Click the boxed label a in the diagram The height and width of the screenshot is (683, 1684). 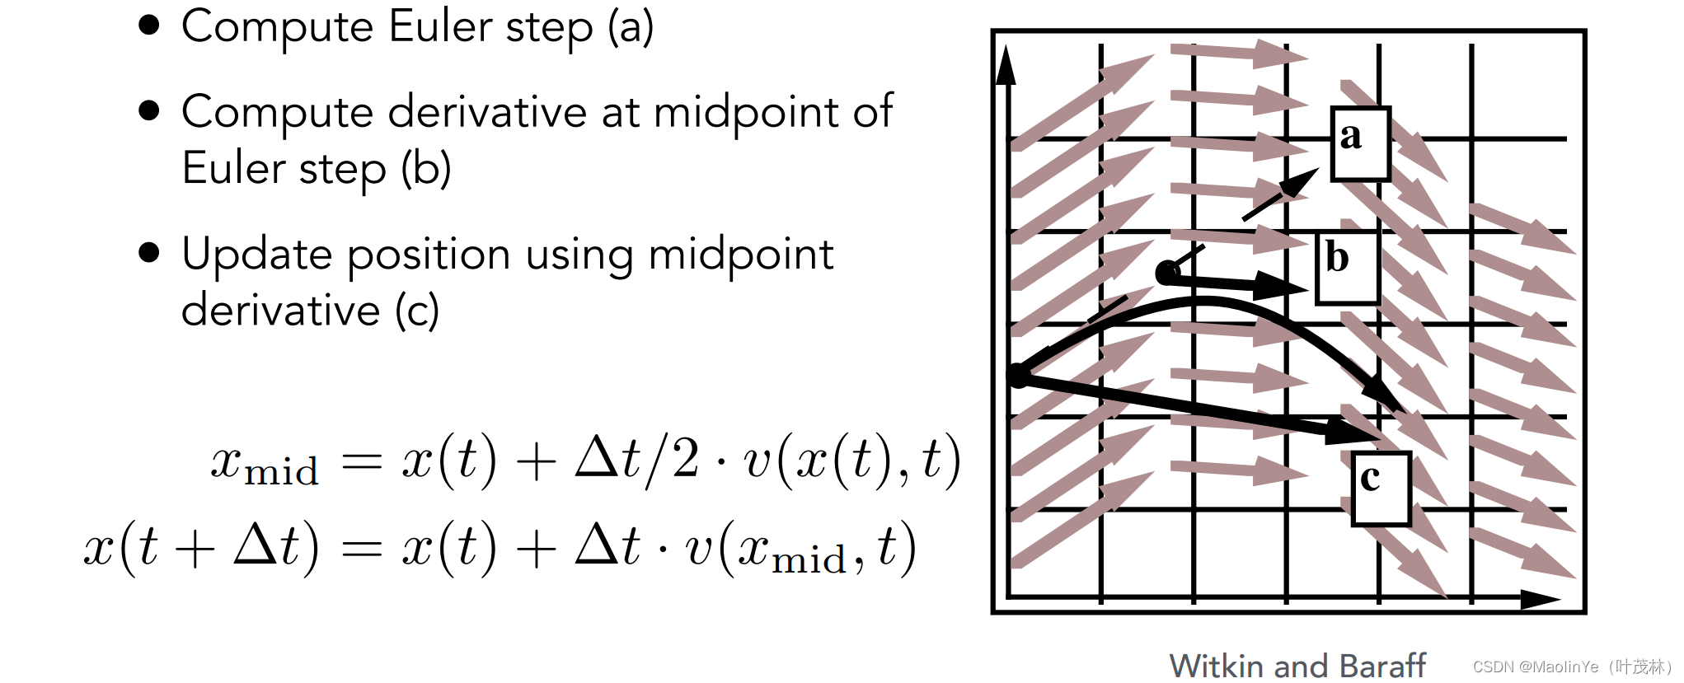click(x=1360, y=143)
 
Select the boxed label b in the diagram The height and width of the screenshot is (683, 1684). click(x=1347, y=269)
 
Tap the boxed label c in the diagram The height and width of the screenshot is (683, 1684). click(x=1381, y=488)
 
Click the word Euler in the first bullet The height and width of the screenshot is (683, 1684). click(x=440, y=26)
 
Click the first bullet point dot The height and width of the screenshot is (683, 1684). click(x=149, y=26)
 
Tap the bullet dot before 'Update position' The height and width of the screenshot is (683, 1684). click(x=149, y=252)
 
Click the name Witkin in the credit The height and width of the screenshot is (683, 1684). click(x=1217, y=666)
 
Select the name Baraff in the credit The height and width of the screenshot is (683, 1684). click(x=1382, y=666)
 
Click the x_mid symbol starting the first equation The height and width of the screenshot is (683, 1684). click(x=265, y=464)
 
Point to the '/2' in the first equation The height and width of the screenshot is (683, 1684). click(x=673, y=459)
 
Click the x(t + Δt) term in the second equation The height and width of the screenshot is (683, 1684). click(x=201, y=547)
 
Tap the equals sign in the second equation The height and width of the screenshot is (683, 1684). click(x=361, y=549)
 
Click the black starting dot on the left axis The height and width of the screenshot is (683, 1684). click(x=1019, y=376)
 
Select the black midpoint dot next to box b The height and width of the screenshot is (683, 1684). click(x=1167, y=273)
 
